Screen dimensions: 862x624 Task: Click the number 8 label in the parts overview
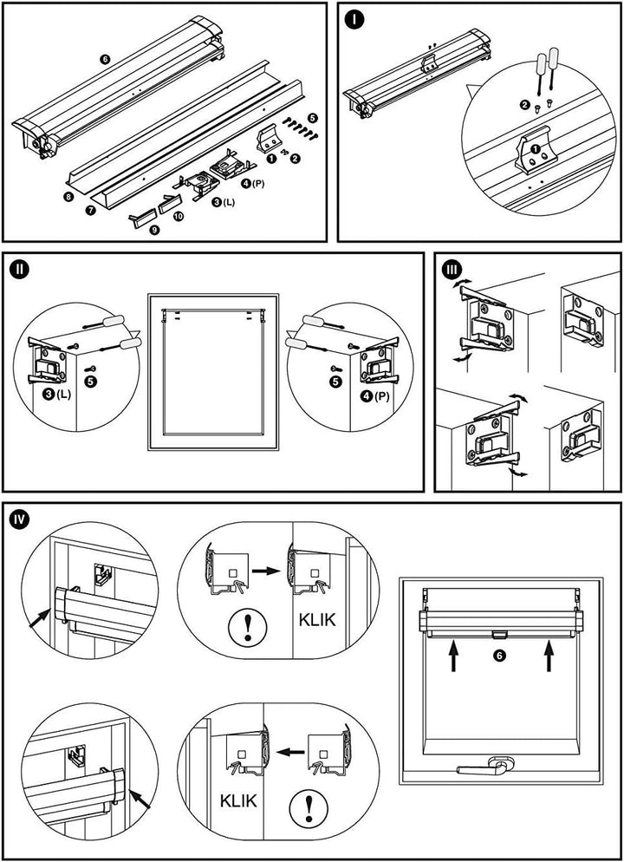[x=67, y=197]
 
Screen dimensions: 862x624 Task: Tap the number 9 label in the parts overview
[x=155, y=231]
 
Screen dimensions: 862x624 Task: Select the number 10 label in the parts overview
[x=179, y=215]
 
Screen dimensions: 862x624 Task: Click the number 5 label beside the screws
[x=313, y=116]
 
